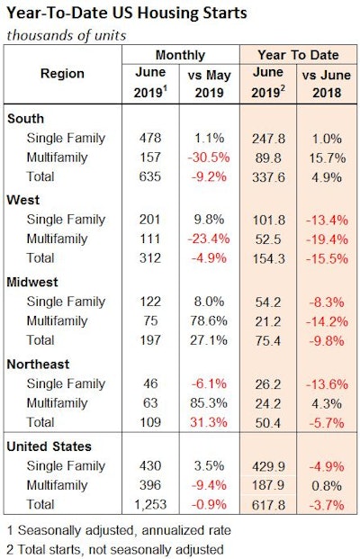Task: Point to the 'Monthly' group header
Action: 181,54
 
